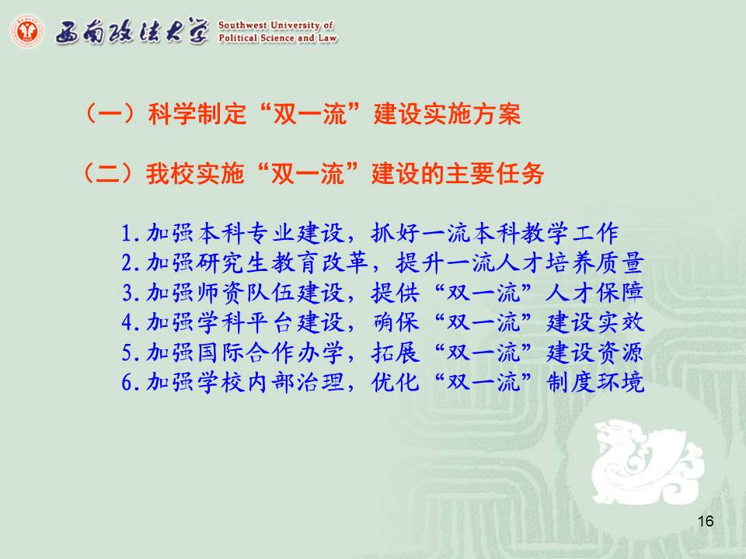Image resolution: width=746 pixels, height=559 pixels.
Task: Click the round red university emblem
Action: pyautogui.click(x=27, y=31)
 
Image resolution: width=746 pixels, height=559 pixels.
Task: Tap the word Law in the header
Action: pyautogui.click(x=328, y=37)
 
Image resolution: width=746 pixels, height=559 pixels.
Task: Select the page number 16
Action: pyautogui.click(x=706, y=521)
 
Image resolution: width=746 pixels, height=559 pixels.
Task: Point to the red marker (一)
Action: pyautogui.click(x=110, y=113)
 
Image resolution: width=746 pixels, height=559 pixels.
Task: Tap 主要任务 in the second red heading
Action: pyautogui.click(x=494, y=173)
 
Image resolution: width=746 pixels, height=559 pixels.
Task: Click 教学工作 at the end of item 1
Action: pyautogui.click(x=570, y=233)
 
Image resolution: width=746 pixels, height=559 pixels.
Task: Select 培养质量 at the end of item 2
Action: pyautogui.click(x=594, y=263)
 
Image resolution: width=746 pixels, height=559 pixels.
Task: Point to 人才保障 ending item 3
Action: pyautogui.click(x=594, y=293)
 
